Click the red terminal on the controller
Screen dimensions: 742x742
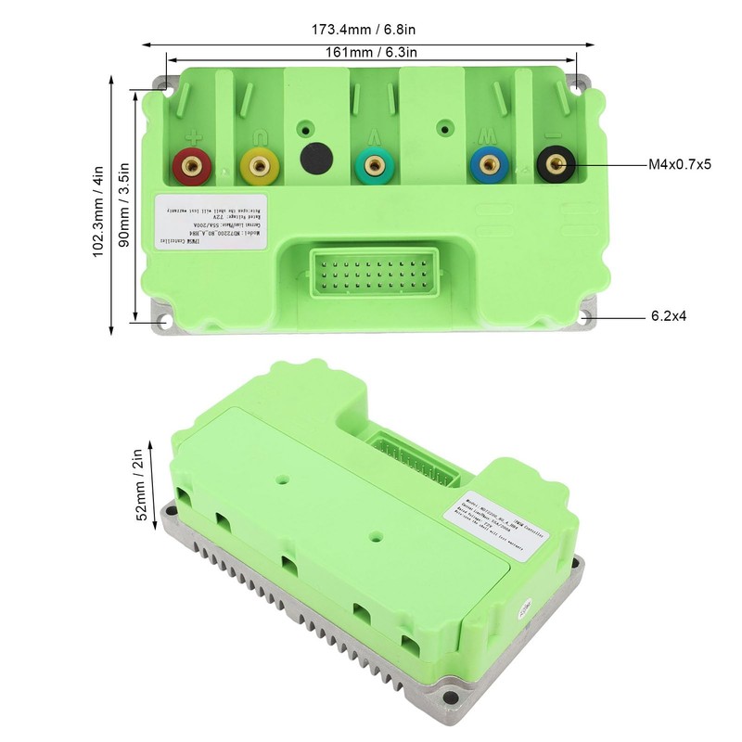[x=191, y=166]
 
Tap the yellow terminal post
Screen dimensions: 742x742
[x=257, y=166]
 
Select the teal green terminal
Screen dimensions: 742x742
[x=373, y=166]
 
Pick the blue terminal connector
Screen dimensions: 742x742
[x=488, y=166]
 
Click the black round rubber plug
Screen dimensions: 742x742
[x=316, y=157]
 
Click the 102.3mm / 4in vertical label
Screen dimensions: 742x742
[x=98, y=211]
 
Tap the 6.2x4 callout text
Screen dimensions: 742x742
[x=668, y=316]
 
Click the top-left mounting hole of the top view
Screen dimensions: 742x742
[x=164, y=84]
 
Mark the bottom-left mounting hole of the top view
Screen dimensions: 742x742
[x=164, y=320]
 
